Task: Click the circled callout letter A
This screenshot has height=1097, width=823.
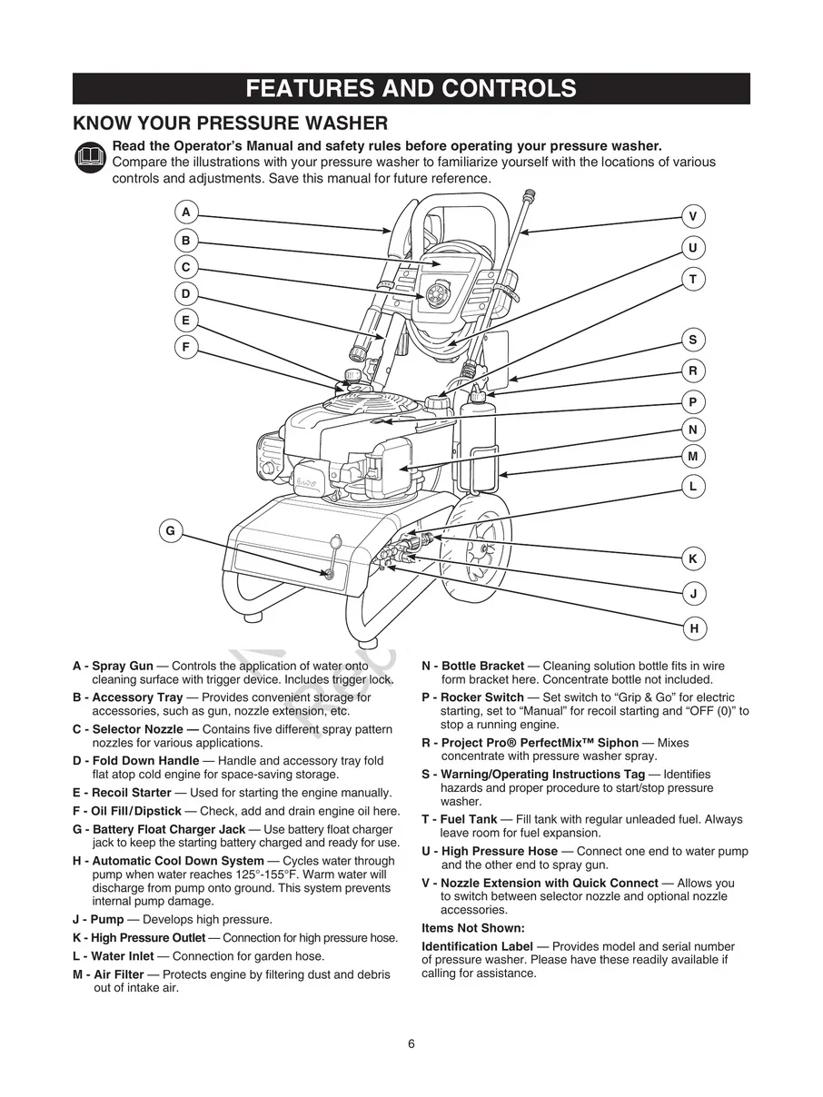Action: tap(186, 212)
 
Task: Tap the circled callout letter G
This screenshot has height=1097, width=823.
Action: tap(170, 531)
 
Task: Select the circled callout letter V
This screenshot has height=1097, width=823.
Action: tap(693, 216)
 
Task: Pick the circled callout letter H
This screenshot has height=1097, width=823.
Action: tap(693, 628)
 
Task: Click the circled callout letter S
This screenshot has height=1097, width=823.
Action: tap(693, 340)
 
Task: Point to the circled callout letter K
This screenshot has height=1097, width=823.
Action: tap(693, 558)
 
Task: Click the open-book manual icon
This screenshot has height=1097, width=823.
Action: tap(91, 159)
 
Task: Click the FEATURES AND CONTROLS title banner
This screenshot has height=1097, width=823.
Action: tap(411, 89)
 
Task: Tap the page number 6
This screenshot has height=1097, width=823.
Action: tap(411, 1043)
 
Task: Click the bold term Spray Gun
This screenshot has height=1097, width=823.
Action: tap(123, 667)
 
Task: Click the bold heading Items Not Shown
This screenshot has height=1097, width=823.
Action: tap(473, 928)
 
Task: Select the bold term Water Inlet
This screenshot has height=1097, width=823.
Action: tap(123, 956)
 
